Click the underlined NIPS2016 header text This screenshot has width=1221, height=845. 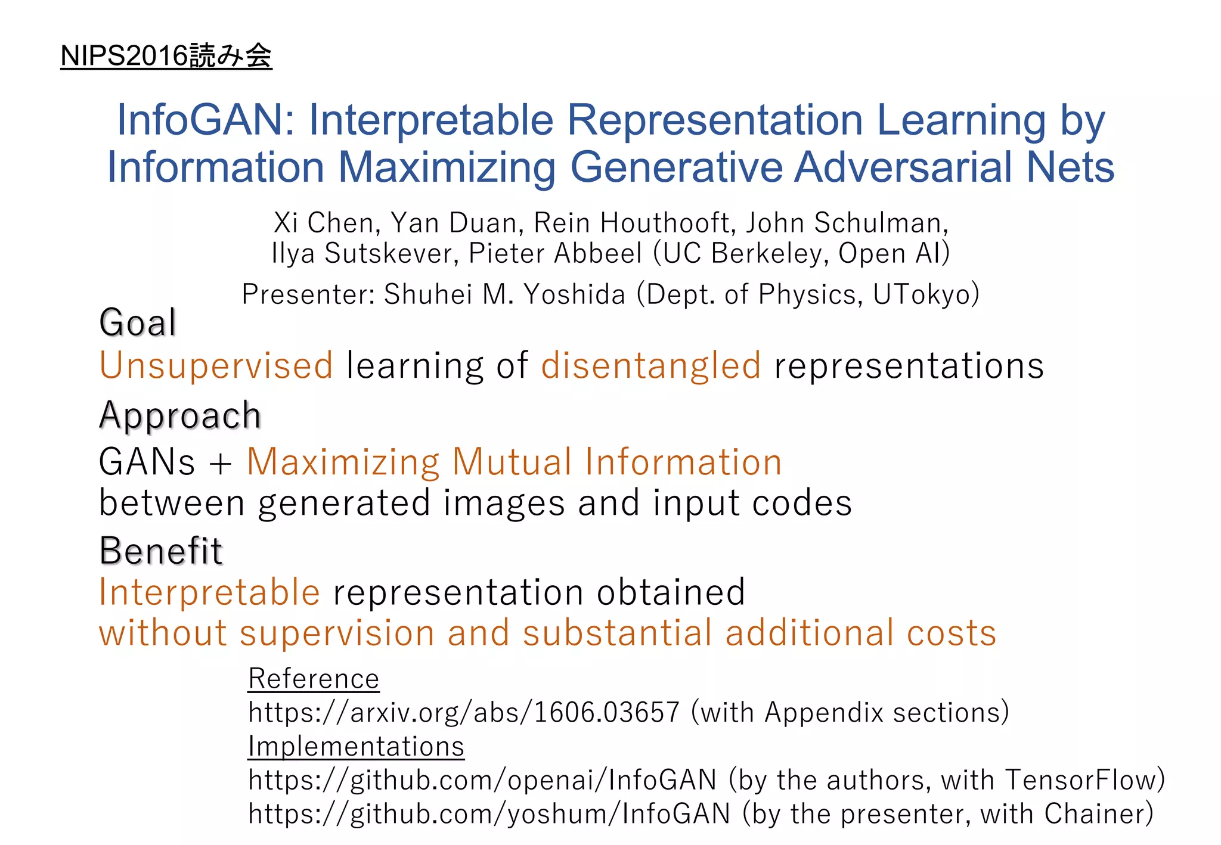[166, 56]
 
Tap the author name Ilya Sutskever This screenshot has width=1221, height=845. [364, 253]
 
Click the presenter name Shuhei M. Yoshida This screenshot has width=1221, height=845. [504, 294]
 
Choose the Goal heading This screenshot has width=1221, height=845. [138, 323]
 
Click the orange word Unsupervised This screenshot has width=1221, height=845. [216, 365]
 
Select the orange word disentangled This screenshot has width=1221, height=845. [650, 365]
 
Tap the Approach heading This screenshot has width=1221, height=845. [180, 415]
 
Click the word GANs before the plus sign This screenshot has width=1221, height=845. [147, 462]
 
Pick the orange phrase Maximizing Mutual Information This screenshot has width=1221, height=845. [514, 462]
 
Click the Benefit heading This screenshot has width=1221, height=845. [161, 551]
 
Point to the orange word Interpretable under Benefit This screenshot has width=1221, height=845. [209, 592]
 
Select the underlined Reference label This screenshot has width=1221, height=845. [314, 679]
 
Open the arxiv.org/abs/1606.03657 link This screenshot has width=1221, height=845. [464, 713]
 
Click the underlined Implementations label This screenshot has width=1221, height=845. [356, 747]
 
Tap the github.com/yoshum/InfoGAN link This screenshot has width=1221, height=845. [489, 814]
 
